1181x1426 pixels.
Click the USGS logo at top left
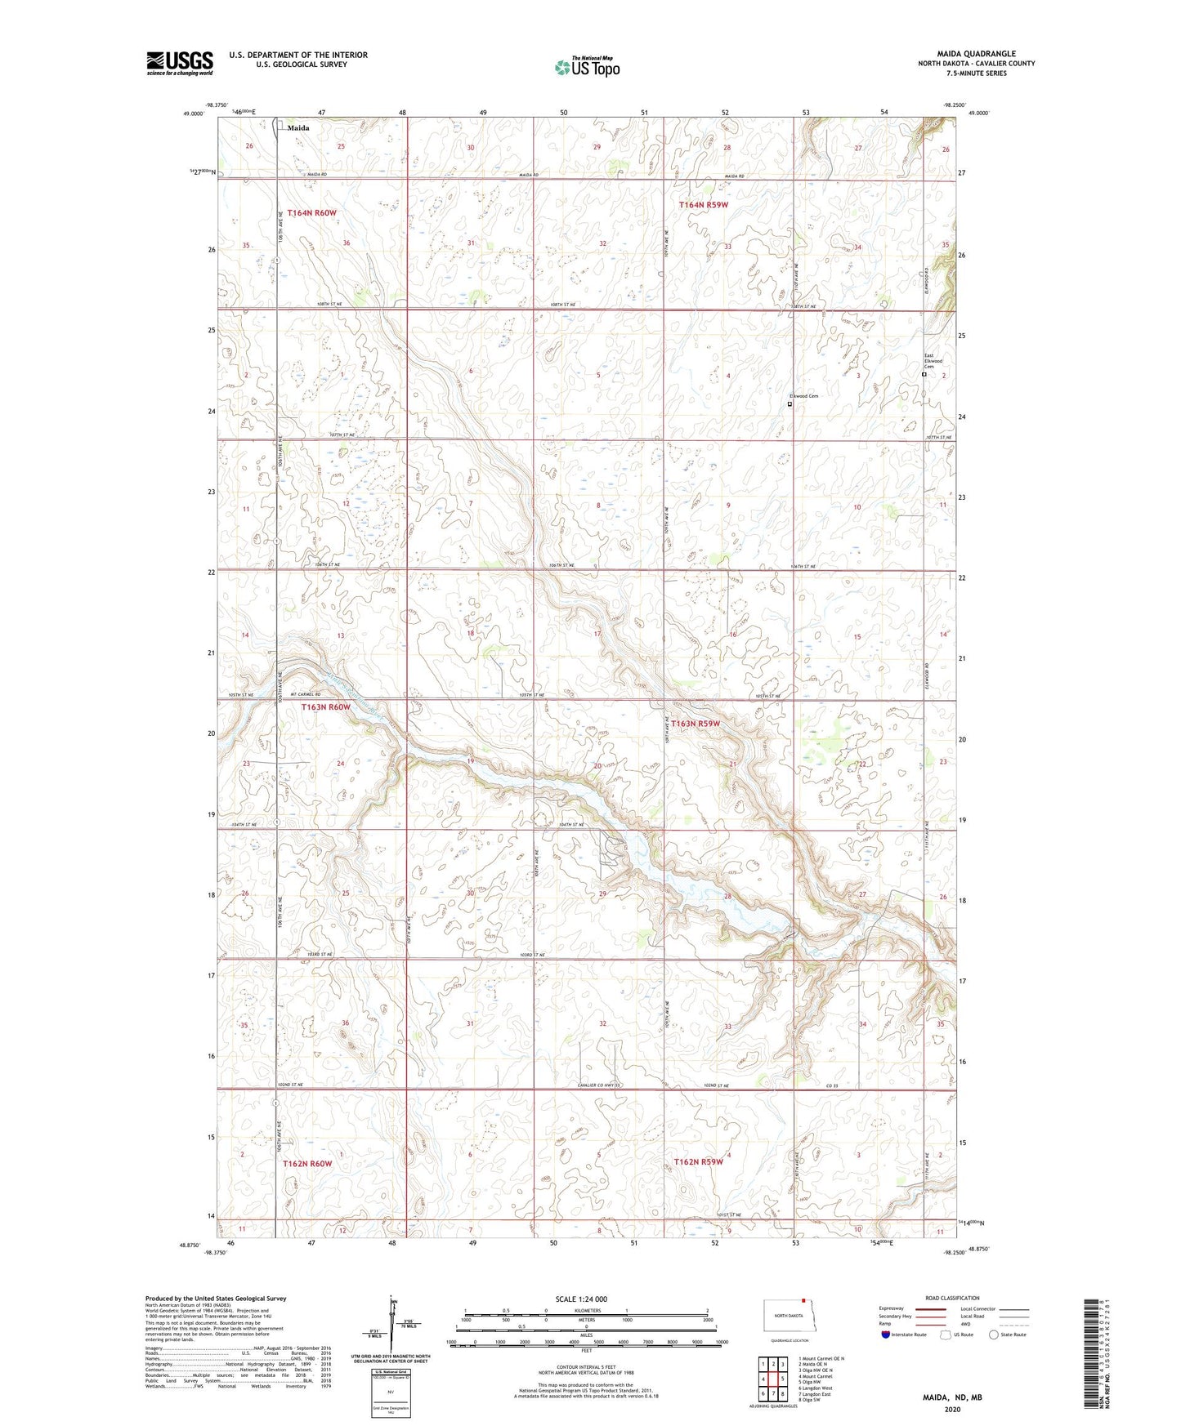(179, 63)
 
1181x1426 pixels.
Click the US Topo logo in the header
(587, 67)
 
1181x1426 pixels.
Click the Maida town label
(298, 128)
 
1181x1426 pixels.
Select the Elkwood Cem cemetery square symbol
(790, 403)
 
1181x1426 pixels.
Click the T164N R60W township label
(311, 213)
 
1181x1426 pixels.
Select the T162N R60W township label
(307, 1163)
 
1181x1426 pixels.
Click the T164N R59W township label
(703, 205)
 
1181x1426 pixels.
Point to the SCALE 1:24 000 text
(581, 1299)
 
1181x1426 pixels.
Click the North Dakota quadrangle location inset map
(789, 1317)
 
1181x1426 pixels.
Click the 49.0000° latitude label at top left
(194, 114)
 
